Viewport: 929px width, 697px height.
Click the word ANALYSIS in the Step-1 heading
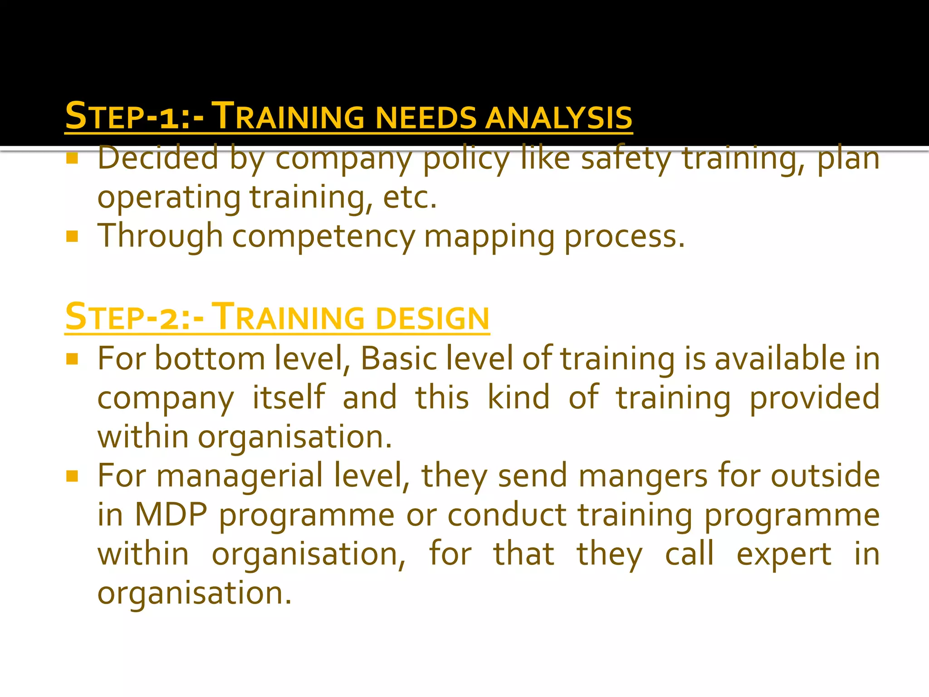(x=558, y=117)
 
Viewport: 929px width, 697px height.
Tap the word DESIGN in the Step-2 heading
(x=432, y=318)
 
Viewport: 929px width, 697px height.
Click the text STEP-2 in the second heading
(x=122, y=318)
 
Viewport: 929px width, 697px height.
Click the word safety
(x=626, y=159)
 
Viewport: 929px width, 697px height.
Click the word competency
(x=323, y=237)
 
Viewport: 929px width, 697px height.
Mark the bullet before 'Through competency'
(x=72, y=236)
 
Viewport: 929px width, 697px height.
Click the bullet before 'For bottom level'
(x=72, y=359)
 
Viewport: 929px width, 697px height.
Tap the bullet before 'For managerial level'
(x=72, y=476)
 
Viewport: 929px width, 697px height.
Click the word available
(x=780, y=358)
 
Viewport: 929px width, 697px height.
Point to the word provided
(x=814, y=398)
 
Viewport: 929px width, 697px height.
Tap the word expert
(x=784, y=555)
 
